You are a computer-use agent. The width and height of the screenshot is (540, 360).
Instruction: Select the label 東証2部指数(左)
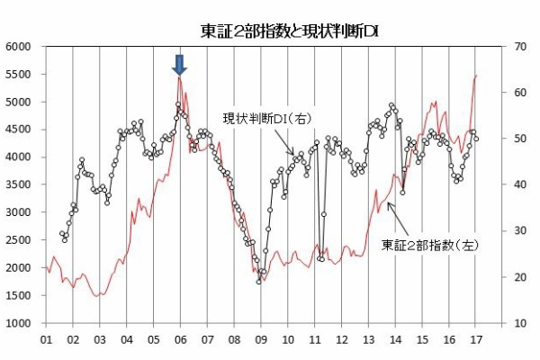(x=418, y=244)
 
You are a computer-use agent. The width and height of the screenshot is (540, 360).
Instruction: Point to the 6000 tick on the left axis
(x=19, y=47)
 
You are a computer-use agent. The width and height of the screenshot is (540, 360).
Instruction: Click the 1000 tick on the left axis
(x=19, y=323)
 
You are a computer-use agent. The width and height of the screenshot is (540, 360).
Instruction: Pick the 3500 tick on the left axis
(x=19, y=184)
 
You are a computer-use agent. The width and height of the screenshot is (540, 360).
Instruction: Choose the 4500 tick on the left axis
(x=19, y=130)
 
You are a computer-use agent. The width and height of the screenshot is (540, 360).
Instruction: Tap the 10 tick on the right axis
(x=519, y=323)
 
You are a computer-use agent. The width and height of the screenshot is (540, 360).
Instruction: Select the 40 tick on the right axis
(x=519, y=184)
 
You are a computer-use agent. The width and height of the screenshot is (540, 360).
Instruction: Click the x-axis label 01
(x=45, y=340)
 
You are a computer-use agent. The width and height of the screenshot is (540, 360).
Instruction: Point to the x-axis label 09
(x=261, y=340)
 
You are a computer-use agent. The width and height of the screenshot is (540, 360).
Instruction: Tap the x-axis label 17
(x=476, y=340)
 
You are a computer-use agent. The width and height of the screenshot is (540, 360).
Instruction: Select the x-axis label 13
(x=369, y=340)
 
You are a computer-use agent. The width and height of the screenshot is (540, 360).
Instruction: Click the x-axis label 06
(x=180, y=340)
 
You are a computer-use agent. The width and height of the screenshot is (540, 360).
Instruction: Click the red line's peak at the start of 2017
(x=475, y=76)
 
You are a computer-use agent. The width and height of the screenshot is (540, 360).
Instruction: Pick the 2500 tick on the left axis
(x=19, y=240)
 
